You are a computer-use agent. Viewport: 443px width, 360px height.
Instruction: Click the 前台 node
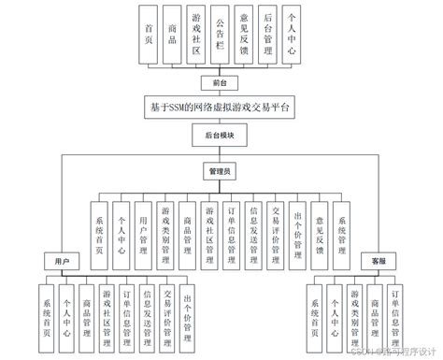click(220, 81)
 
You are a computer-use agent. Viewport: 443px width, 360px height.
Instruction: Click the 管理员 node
click(221, 172)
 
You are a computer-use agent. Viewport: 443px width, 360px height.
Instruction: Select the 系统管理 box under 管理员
click(342, 225)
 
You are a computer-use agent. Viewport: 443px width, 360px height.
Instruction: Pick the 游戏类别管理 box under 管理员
click(165, 225)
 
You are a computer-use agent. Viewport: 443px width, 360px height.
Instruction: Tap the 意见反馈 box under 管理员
click(320, 225)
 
